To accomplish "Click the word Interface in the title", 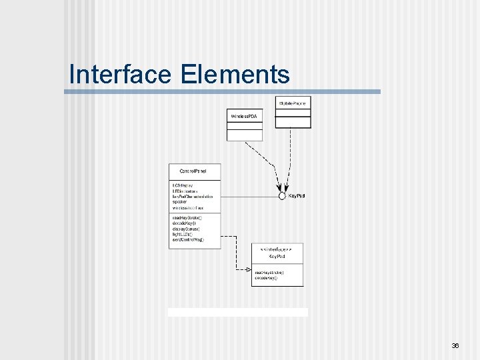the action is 121,74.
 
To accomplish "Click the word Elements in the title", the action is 234,74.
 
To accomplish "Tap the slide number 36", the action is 455,346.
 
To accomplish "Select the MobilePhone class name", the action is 293,103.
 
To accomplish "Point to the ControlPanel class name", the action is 193,171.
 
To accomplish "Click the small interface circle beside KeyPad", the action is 282,196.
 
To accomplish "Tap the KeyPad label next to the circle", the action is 297,196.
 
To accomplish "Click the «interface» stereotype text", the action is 276,248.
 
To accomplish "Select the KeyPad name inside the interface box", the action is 276,256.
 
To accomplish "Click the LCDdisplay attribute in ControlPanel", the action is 183,185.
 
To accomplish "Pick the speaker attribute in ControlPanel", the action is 181,202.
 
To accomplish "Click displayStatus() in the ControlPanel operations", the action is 186,229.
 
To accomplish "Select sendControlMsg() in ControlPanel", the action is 188,239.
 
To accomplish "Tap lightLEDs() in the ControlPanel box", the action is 183,234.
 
